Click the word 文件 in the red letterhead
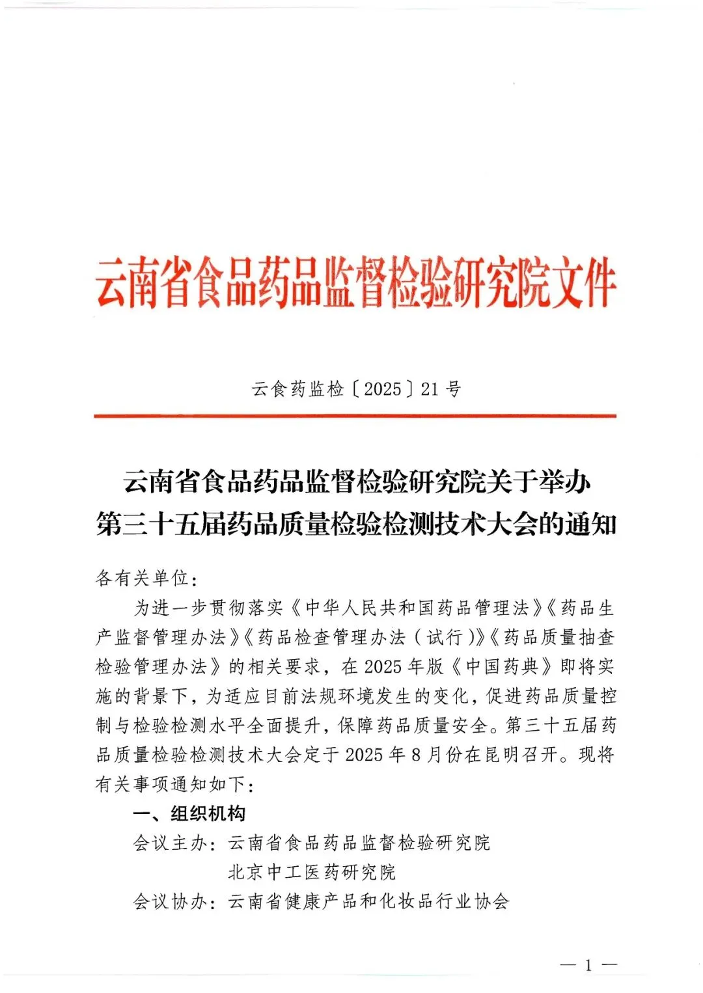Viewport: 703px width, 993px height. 582,284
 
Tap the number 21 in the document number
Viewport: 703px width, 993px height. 430,389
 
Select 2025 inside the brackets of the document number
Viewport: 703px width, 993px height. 383,389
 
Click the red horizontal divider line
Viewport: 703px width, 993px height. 355,416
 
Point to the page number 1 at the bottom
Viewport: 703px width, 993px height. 588,965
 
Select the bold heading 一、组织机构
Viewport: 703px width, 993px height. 189,813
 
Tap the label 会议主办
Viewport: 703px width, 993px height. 170,843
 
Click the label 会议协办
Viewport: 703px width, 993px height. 170,902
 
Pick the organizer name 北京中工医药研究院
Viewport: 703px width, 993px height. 312,873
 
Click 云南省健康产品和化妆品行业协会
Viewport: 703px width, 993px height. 368,902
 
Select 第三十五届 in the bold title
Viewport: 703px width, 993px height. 161,524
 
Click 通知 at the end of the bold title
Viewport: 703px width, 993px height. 590,524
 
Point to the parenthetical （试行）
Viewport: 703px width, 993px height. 445,637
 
